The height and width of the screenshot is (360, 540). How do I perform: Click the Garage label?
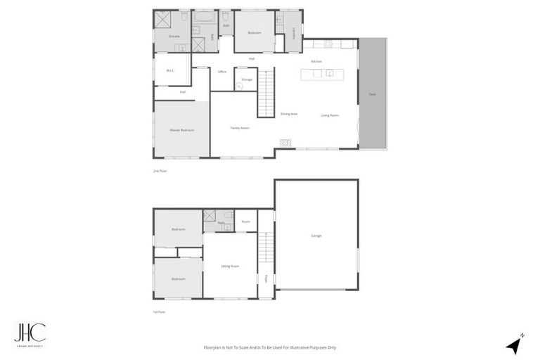coord(316,236)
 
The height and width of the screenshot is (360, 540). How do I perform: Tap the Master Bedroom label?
coord(181,130)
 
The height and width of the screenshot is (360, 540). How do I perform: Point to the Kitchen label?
coord(316,62)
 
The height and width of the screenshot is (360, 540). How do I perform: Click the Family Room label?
coord(240,127)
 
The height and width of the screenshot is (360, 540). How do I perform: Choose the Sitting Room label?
coord(230,266)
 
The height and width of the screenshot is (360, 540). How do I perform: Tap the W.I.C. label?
coord(170,70)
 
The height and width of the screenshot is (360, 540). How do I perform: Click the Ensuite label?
coord(174,36)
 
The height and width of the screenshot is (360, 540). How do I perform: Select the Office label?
coord(221,72)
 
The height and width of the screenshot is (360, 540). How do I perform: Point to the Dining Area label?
coord(289,114)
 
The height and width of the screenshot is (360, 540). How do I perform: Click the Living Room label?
coord(330,115)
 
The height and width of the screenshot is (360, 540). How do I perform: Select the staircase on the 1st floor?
coord(266,247)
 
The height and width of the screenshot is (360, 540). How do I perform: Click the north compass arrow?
coord(516,344)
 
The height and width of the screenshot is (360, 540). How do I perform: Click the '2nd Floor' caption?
coord(160,171)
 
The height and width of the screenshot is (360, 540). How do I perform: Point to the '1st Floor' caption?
coord(160,311)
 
